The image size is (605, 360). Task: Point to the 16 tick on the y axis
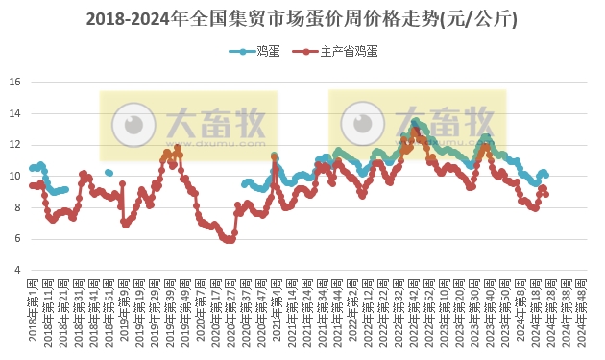pos(15,82)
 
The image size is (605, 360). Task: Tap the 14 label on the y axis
pos(15,113)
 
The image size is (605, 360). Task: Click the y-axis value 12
pos(15,145)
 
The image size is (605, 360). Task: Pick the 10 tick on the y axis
pos(15,176)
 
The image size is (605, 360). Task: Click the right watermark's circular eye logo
pos(361,123)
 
